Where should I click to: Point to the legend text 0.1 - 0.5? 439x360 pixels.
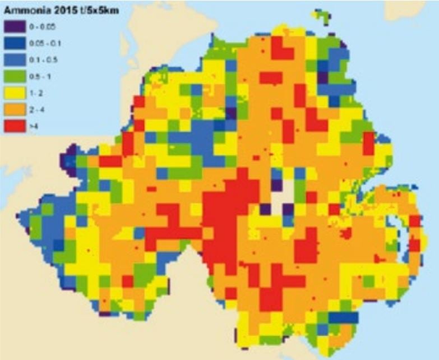(x=42, y=59)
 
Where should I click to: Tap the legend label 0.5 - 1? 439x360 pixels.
(x=40, y=77)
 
